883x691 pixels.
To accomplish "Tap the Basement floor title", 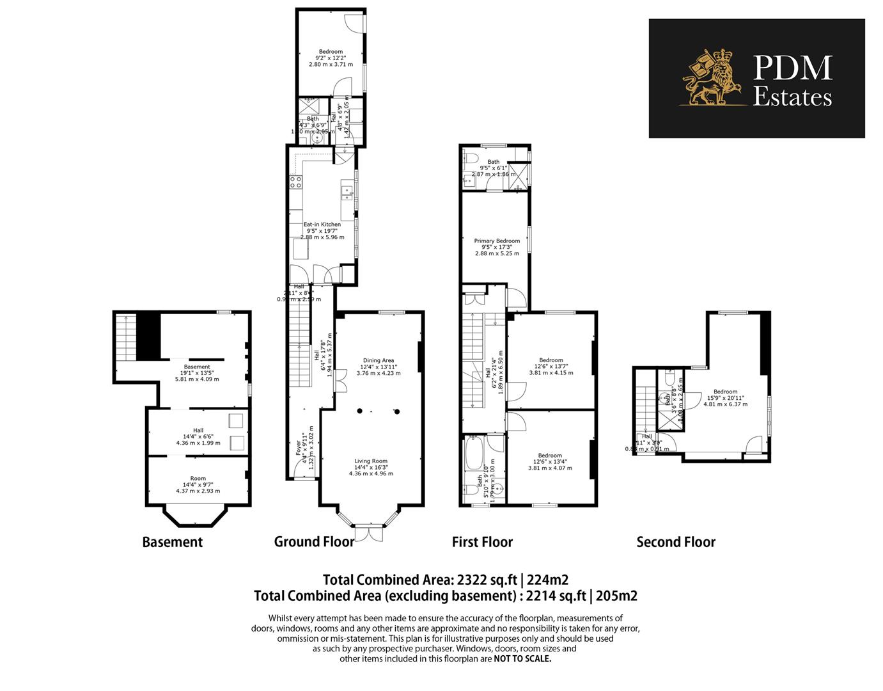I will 172,542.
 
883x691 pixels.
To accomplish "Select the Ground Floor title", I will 314,541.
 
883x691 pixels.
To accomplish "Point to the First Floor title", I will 482,542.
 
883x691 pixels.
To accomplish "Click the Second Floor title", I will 676,542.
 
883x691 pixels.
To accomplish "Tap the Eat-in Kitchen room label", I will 322,225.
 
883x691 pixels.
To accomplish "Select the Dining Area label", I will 379,360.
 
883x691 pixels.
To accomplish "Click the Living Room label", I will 371,461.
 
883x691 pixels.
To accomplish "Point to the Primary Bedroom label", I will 497,241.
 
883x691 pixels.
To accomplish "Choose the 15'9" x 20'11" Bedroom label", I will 725,392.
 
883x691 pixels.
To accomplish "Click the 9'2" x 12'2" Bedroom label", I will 331,52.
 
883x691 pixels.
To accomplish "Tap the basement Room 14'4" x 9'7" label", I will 198,478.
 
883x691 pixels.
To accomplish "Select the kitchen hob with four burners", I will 296,182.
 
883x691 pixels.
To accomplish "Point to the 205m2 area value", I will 616,596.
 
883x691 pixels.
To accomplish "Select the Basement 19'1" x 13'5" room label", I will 197,367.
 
